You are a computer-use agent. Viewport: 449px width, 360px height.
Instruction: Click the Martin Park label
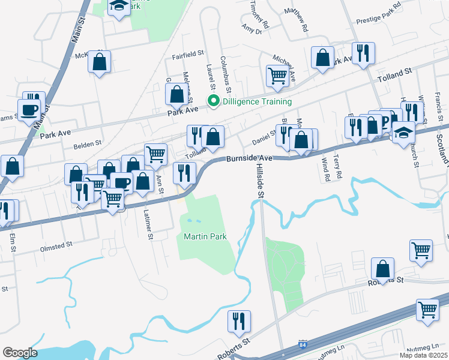pos(205,237)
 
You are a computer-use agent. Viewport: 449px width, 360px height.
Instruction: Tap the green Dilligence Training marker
pos(211,101)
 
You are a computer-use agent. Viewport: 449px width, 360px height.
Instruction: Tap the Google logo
pos(20,352)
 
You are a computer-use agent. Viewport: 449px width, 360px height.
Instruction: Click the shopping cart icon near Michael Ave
pos(277,76)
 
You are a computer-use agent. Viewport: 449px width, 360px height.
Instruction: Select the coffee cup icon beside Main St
pos(29,110)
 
